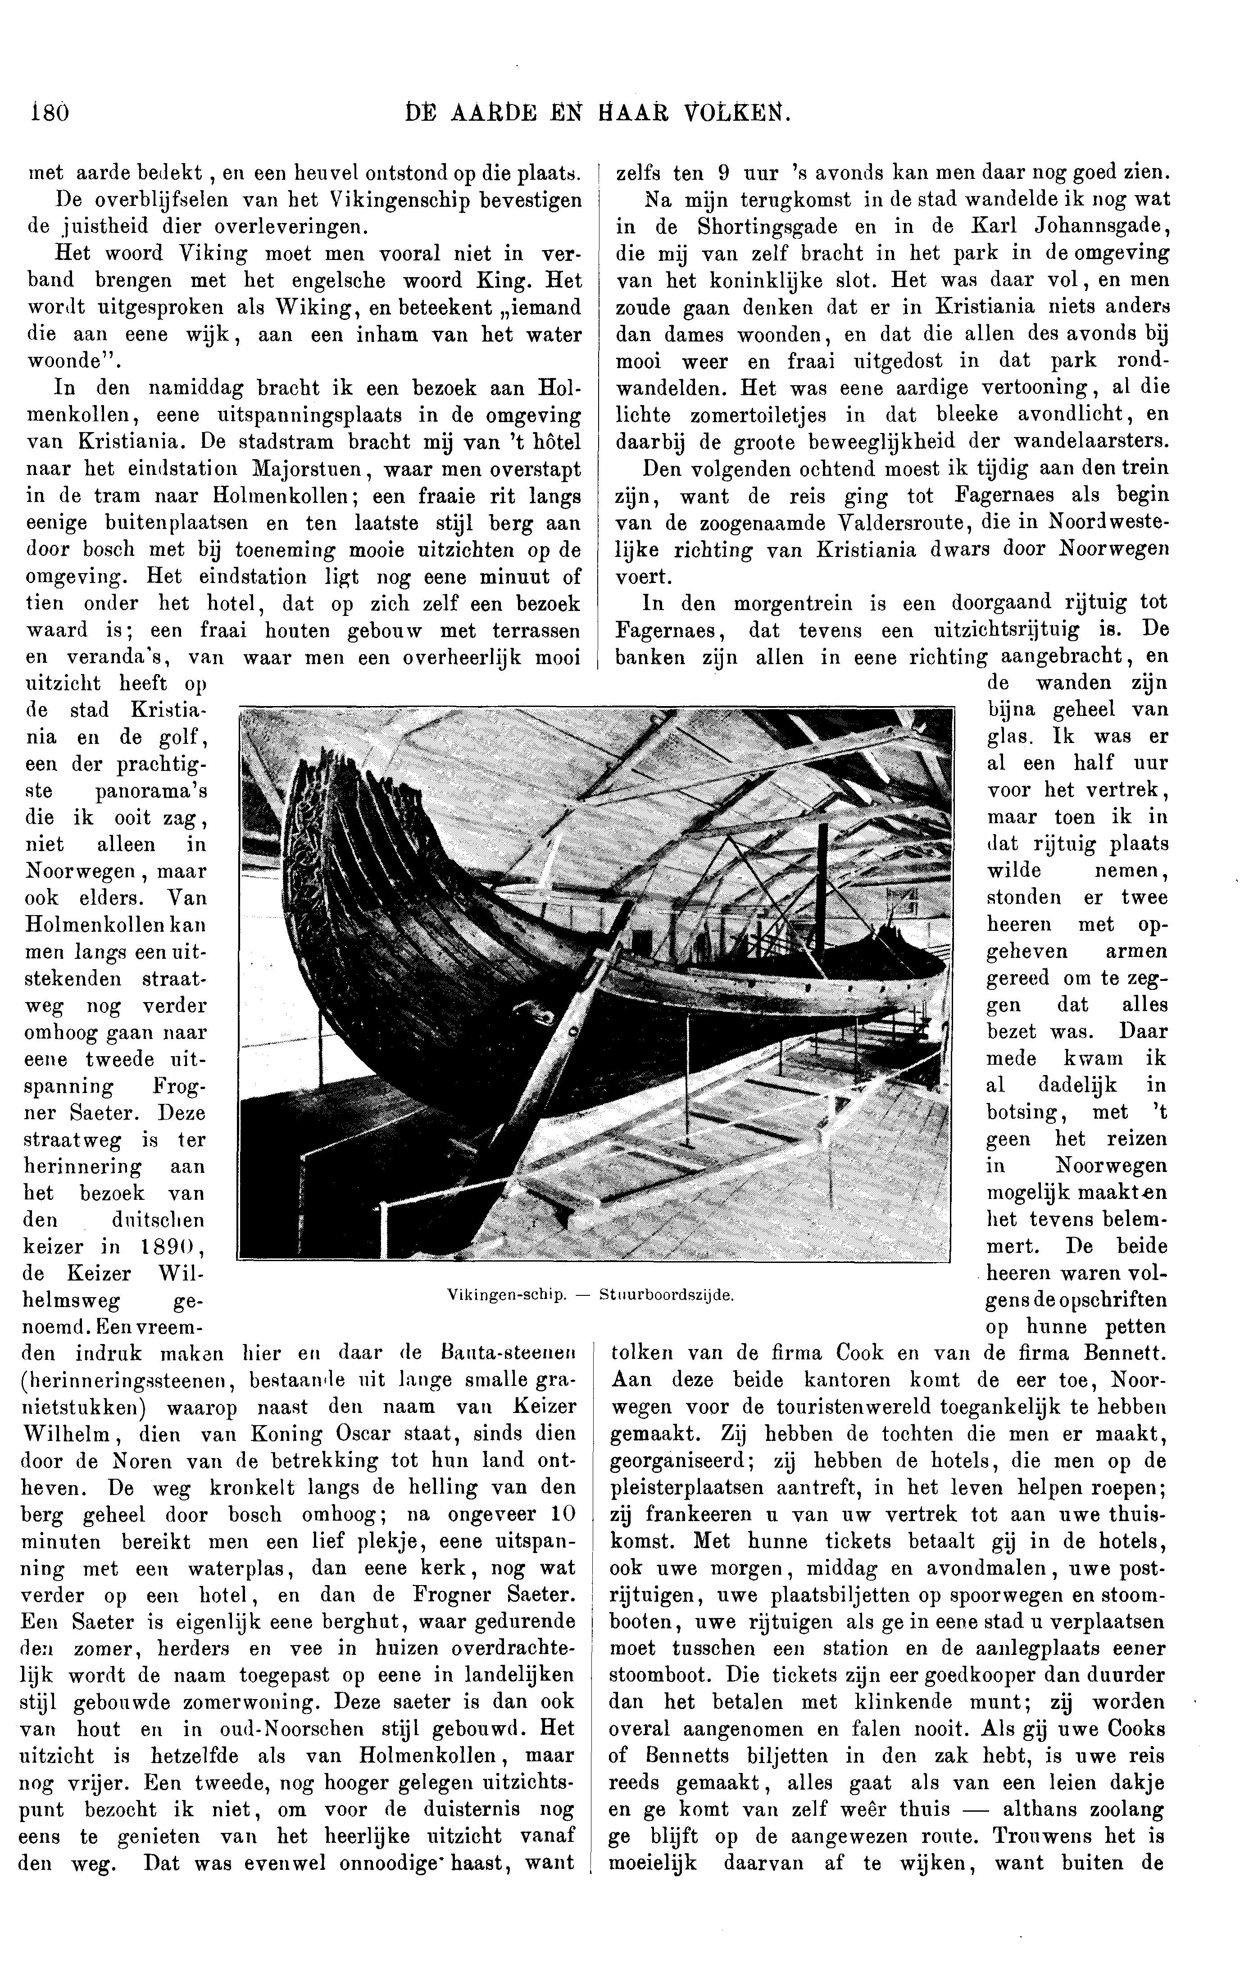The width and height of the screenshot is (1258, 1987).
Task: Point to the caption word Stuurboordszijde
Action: tap(667, 1294)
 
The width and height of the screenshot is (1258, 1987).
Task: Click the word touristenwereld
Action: tap(859, 1407)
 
